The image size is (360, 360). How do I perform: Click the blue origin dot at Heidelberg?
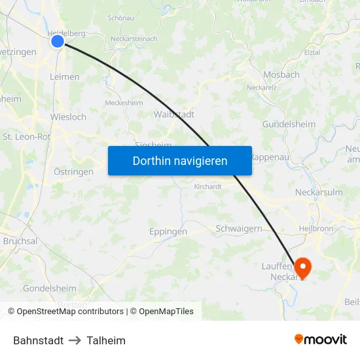(x=58, y=41)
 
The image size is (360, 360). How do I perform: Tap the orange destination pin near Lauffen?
(x=302, y=266)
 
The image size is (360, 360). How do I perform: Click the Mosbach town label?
(x=281, y=75)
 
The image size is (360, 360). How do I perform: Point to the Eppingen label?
(x=168, y=232)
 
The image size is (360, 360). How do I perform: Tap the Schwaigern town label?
(x=239, y=229)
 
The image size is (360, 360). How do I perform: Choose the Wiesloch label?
(x=68, y=117)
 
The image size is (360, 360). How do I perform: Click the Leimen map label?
(x=65, y=77)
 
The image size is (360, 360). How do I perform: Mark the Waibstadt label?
(x=173, y=114)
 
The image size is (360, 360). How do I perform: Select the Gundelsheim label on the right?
(x=289, y=124)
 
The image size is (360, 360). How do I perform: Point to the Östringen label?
(x=73, y=171)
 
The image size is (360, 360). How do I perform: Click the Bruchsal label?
(x=20, y=241)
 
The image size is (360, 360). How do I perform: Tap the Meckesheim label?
(x=124, y=102)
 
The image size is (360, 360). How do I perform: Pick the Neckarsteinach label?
(x=134, y=39)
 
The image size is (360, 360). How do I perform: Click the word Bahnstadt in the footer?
(x=39, y=340)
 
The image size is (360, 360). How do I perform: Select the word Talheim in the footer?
(x=106, y=340)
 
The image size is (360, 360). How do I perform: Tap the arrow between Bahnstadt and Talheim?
(x=75, y=340)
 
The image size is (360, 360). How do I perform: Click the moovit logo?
(x=321, y=339)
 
